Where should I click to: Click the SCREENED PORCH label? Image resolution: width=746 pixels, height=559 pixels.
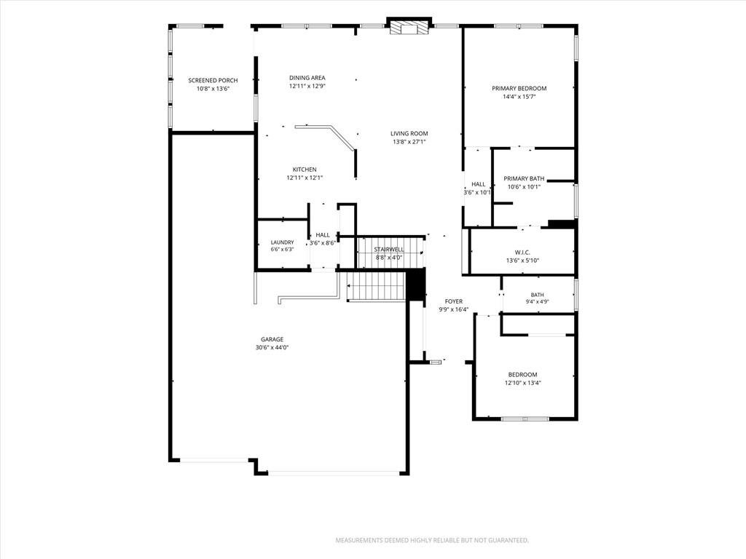pos(213,80)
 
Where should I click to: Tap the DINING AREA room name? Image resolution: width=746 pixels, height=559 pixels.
pos(307,77)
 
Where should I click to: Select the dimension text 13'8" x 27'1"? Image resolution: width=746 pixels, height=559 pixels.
pos(409,142)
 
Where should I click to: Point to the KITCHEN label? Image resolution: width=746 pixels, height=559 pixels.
pos(305,169)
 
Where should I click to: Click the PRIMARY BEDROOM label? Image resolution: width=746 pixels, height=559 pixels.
pos(519,88)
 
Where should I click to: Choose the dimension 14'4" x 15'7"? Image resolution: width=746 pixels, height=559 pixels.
pos(519,97)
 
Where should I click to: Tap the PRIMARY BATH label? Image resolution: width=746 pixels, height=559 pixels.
pos(524,179)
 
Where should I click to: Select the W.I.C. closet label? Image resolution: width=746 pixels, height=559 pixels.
pos(522,253)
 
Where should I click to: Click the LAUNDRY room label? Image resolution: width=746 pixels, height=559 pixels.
pos(282,242)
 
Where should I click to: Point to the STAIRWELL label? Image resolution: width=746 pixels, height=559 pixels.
pos(389,250)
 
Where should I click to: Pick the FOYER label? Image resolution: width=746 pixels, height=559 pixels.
pos(453,301)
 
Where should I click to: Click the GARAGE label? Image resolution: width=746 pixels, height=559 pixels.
pos(272,339)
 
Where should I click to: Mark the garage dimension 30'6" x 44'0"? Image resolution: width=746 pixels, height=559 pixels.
pos(272,347)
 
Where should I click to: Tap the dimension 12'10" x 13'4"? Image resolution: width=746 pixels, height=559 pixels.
pos(523,383)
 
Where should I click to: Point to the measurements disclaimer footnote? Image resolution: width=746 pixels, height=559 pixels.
pos(432,541)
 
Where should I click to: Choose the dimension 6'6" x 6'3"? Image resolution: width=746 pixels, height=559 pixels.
pos(282,249)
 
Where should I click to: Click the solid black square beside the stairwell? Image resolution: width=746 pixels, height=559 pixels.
pos(416,285)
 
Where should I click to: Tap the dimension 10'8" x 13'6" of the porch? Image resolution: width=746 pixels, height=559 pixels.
pos(213,89)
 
